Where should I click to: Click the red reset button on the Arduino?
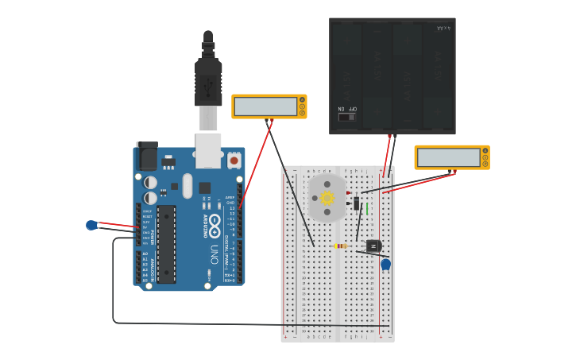(234, 161)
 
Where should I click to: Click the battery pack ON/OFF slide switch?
(346, 117)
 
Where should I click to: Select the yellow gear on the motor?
(327, 198)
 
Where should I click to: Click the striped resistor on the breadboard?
(340, 246)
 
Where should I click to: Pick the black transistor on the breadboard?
(372, 246)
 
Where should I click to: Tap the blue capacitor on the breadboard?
(385, 264)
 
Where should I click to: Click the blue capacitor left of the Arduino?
(92, 225)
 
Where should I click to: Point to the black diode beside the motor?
(357, 204)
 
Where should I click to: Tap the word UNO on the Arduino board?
(214, 254)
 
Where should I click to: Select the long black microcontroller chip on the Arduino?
(166, 244)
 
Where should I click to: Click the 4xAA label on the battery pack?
(443, 29)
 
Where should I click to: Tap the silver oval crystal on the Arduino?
(187, 186)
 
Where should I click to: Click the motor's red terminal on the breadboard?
(349, 192)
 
